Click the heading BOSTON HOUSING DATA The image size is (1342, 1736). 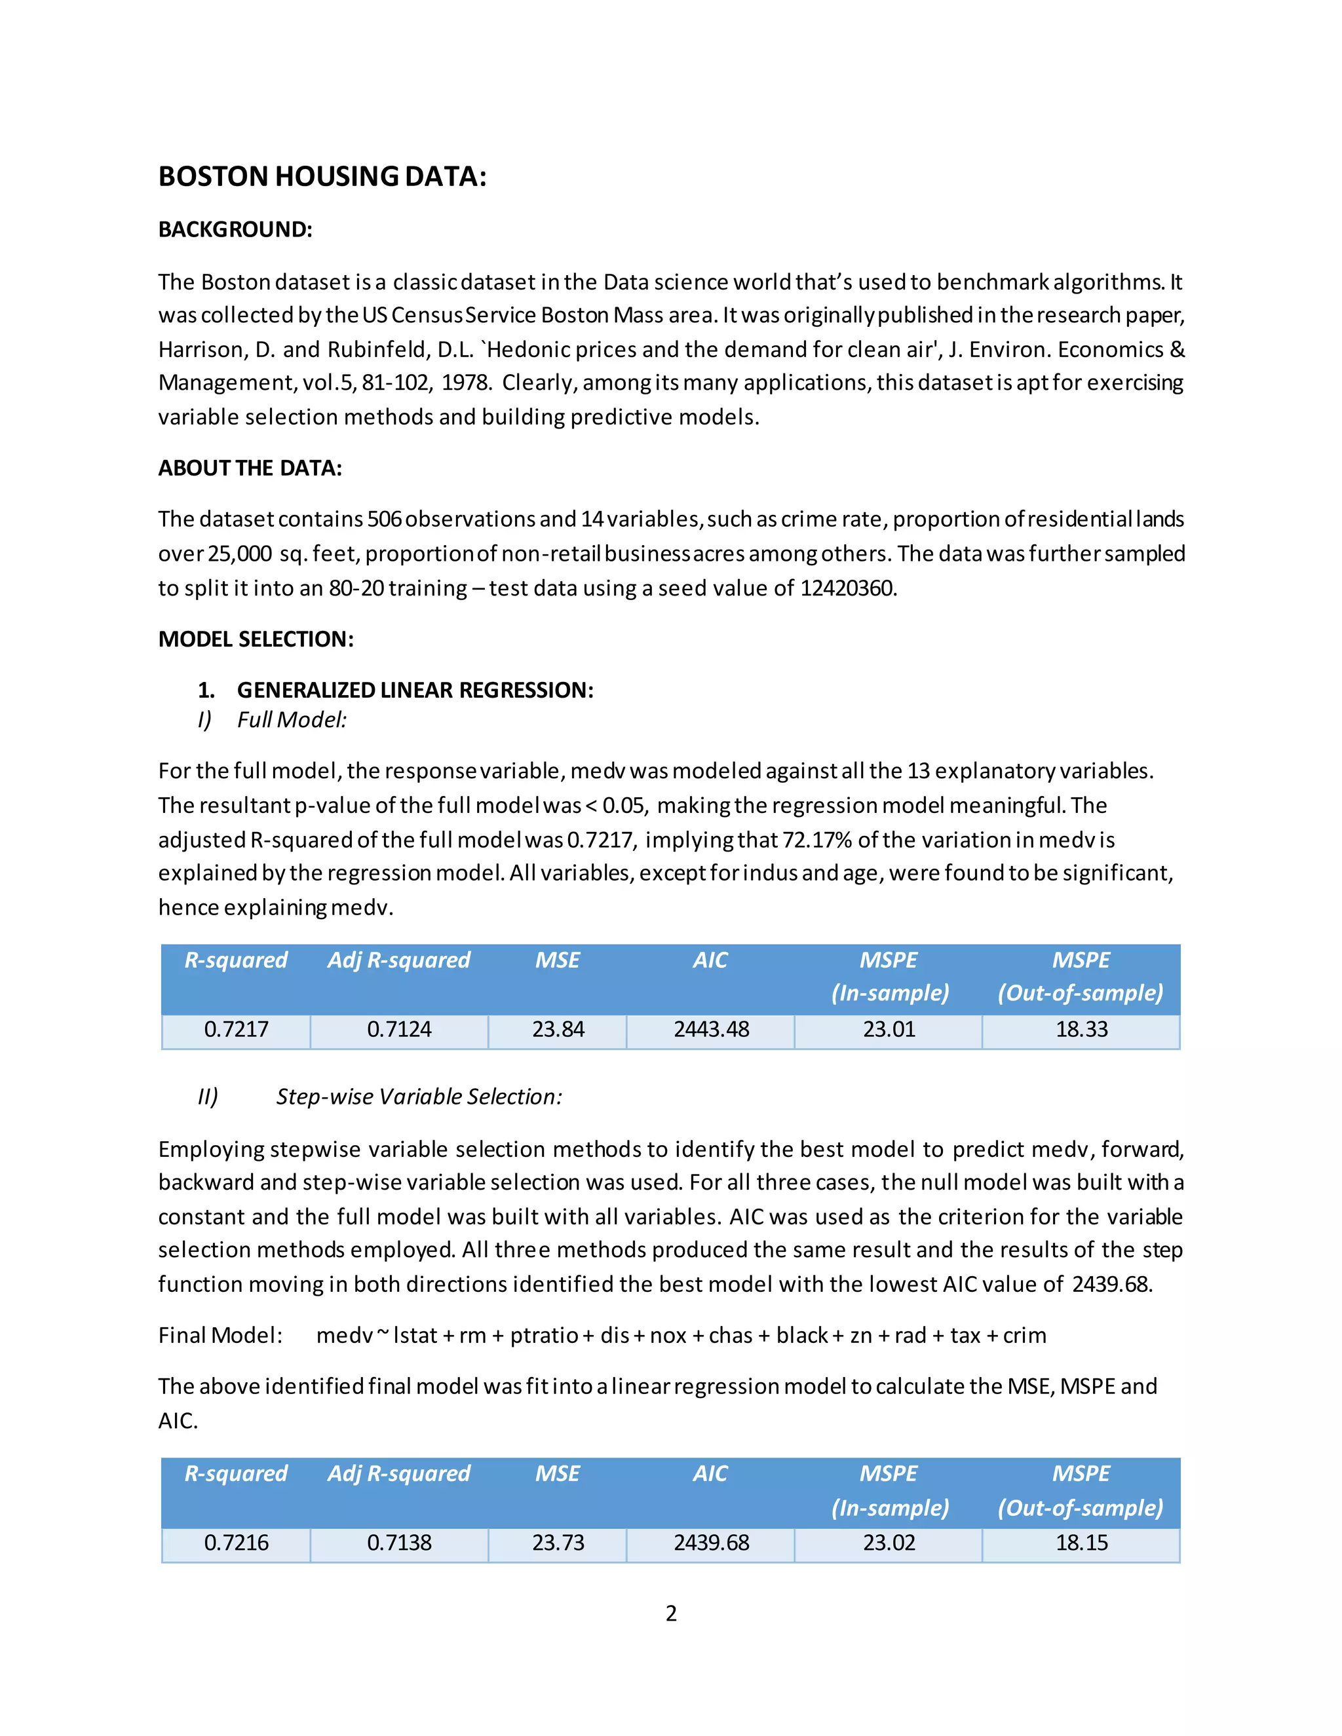[x=322, y=176]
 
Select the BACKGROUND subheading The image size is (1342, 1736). [x=235, y=230]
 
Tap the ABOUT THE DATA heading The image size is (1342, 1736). [x=250, y=468]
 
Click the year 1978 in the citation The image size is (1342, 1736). [x=465, y=383]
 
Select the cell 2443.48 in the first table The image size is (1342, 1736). [x=711, y=1029]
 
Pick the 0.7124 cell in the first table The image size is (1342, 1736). [x=399, y=1029]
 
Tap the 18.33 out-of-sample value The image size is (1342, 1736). [x=1081, y=1029]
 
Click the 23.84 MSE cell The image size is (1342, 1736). [x=558, y=1029]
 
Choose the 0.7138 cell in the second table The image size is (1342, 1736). [x=399, y=1543]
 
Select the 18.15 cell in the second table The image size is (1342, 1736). [x=1081, y=1543]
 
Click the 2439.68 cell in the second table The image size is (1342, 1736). [x=711, y=1543]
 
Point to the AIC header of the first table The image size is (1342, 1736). [x=710, y=960]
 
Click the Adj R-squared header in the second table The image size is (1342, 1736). [x=399, y=1474]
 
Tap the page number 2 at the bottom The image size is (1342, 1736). [x=671, y=1613]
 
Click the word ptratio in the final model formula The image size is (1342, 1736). [x=544, y=1335]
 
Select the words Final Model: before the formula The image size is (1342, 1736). [x=220, y=1335]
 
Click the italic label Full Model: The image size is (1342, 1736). [x=292, y=720]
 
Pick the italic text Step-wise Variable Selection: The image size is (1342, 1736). [x=419, y=1097]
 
